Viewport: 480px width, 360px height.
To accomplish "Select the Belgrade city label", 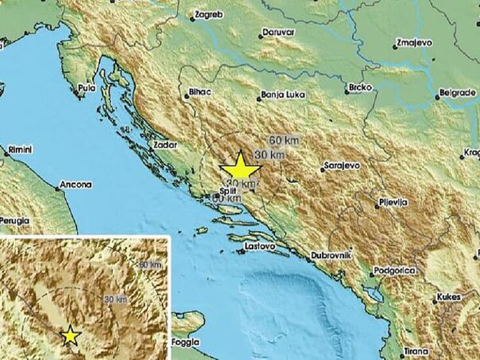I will tap(458, 93).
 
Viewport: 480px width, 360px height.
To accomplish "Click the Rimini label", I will tap(17, 148).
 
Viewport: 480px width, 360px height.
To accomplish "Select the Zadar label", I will tap(165, 145).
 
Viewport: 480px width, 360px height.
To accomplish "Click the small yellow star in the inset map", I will tap(70, 335).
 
